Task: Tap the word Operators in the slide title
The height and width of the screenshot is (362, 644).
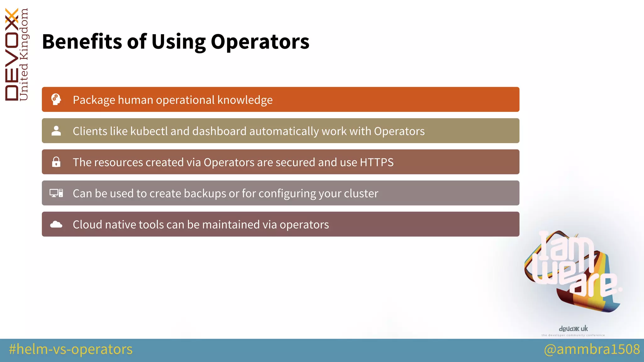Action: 260,41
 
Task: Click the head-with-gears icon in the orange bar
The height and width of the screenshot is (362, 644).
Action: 56,99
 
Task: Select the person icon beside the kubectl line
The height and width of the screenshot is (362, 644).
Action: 56,131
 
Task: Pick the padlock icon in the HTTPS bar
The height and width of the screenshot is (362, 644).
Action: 56,162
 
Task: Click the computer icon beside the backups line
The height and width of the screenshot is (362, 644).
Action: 56,193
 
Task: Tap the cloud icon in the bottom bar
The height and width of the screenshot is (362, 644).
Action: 56,224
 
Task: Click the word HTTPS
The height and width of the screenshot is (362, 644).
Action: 376,162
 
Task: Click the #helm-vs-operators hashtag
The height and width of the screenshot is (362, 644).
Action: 71,349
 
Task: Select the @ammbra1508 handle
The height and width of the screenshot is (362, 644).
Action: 592,349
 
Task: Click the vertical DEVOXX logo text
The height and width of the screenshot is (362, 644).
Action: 12,55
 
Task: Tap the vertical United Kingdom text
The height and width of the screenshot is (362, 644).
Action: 24,55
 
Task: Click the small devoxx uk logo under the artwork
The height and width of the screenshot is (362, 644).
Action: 573,329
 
